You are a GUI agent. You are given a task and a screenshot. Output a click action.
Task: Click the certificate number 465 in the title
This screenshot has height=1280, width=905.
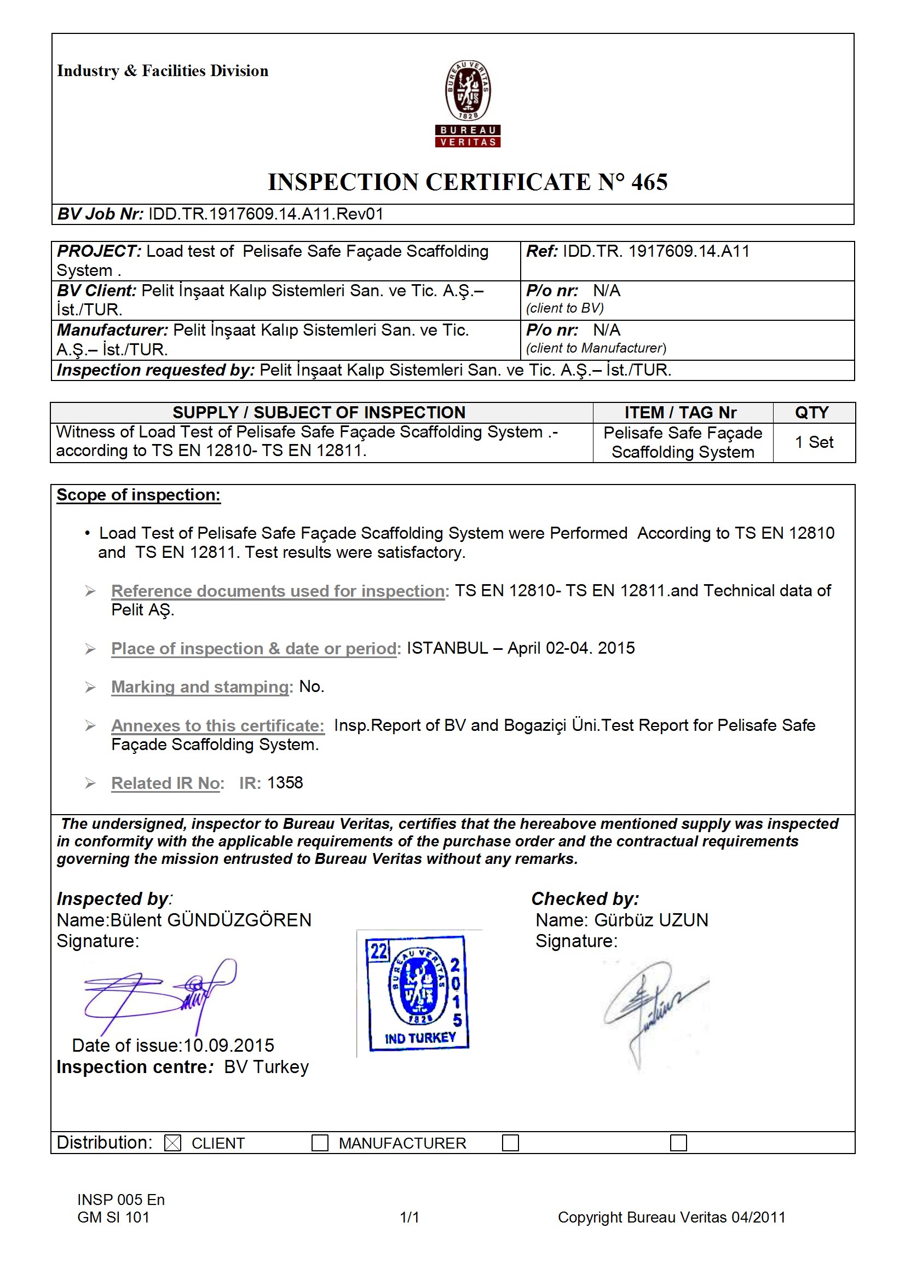649,182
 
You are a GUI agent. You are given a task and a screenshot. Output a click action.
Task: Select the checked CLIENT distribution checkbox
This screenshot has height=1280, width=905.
173,1143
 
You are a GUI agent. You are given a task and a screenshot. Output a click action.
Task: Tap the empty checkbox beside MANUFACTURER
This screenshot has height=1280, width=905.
320,1143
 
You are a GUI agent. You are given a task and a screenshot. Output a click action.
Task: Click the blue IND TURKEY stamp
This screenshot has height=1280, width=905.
418,993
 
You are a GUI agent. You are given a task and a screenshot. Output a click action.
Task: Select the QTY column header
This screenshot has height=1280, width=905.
811,413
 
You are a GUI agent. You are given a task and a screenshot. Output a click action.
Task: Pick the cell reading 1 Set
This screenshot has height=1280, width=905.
814,442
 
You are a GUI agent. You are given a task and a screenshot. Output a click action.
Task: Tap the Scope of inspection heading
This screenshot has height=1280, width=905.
139,495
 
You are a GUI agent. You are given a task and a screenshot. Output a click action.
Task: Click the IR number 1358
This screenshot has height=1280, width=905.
285,783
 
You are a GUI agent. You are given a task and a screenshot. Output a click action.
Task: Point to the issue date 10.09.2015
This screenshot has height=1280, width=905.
229,1045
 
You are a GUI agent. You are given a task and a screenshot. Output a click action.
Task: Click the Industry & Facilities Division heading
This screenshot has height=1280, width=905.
162,71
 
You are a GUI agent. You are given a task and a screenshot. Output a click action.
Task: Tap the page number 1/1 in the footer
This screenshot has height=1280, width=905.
410,1217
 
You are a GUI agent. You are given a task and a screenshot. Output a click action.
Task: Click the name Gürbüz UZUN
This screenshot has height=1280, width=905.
651,920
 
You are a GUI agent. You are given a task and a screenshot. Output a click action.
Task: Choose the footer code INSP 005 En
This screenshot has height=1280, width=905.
121,1200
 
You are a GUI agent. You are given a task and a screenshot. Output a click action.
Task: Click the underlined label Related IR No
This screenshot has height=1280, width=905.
165,783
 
